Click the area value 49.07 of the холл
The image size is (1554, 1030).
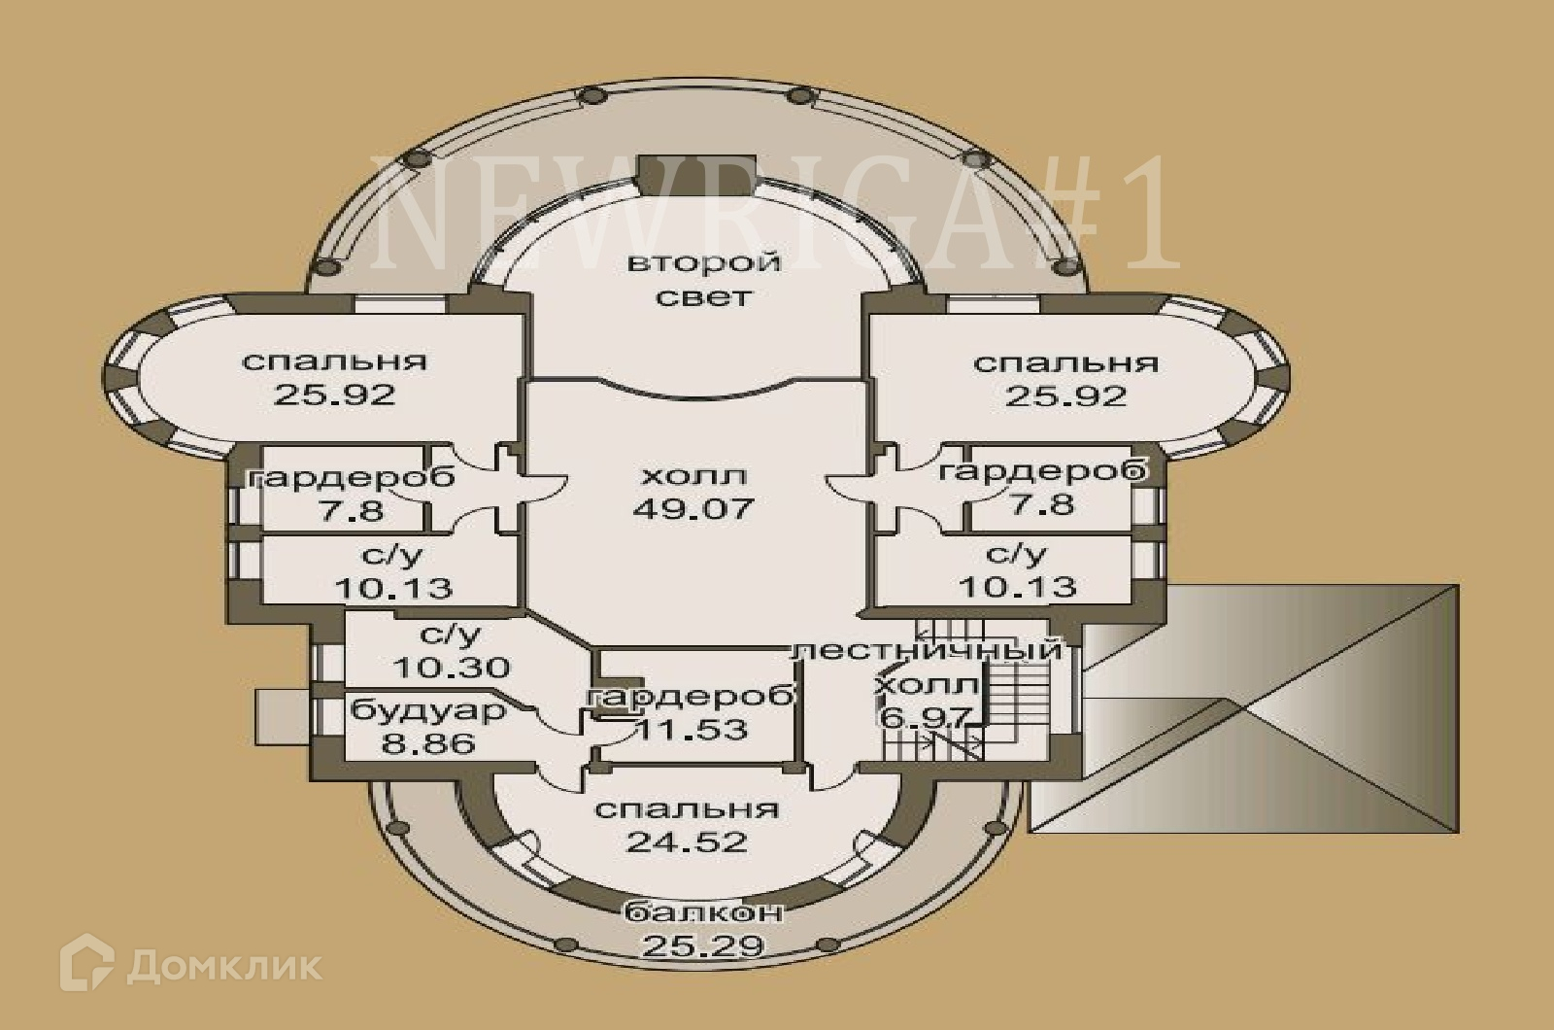(693, 508)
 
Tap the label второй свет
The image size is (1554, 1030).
(704, 279)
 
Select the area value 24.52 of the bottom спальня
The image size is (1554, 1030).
(686, 841)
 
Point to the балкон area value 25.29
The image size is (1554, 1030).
(703, 945)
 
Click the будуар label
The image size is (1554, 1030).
(428, 710)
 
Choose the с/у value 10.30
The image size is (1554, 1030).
(451, 669)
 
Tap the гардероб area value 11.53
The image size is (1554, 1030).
(692, 729)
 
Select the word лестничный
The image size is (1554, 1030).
(926, 650)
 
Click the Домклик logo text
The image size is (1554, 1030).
(224, 966)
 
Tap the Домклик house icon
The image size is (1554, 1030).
(86, 963)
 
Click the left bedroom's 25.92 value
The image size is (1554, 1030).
(334, 395)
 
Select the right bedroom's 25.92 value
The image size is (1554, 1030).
(1065, 396)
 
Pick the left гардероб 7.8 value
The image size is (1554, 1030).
(352, 509)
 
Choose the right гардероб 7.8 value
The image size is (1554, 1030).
(1041, 504)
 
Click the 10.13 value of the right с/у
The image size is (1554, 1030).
(1017, 587)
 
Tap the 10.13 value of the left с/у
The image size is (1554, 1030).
(392, 588)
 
